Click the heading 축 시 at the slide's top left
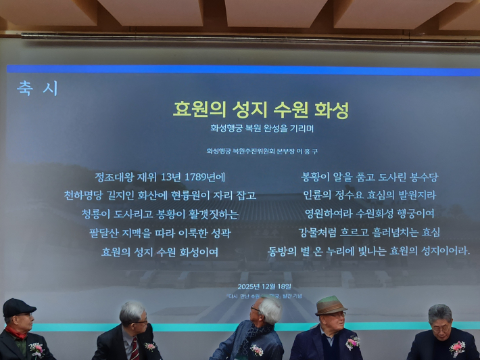click(38, 89)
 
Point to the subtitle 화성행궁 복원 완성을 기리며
click(262, 127)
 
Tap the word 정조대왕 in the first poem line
click(114, 177)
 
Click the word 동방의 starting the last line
click(284, 252)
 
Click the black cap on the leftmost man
click(18, 306)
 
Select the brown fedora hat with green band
click(330, 305)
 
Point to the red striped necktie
click(135, 348)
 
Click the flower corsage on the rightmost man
click(458, 348)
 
